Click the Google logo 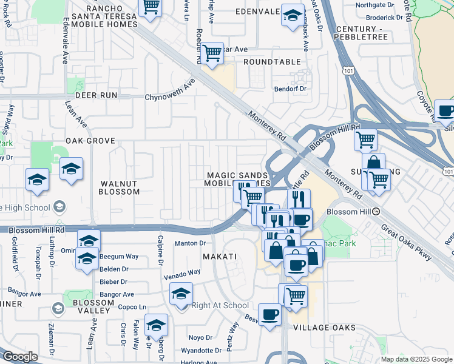coord(20,357)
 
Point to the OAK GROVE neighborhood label coord(90,141)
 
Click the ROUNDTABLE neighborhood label coord(272,62)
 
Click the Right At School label coord(220,306)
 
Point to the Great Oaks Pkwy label coord(407,244)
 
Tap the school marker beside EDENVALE coord(293,15)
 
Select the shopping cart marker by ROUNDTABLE coord(212,53)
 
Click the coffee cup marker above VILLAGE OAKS coord(269,314)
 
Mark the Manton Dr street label coord(191,244)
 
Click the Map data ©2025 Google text coord(416,359)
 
